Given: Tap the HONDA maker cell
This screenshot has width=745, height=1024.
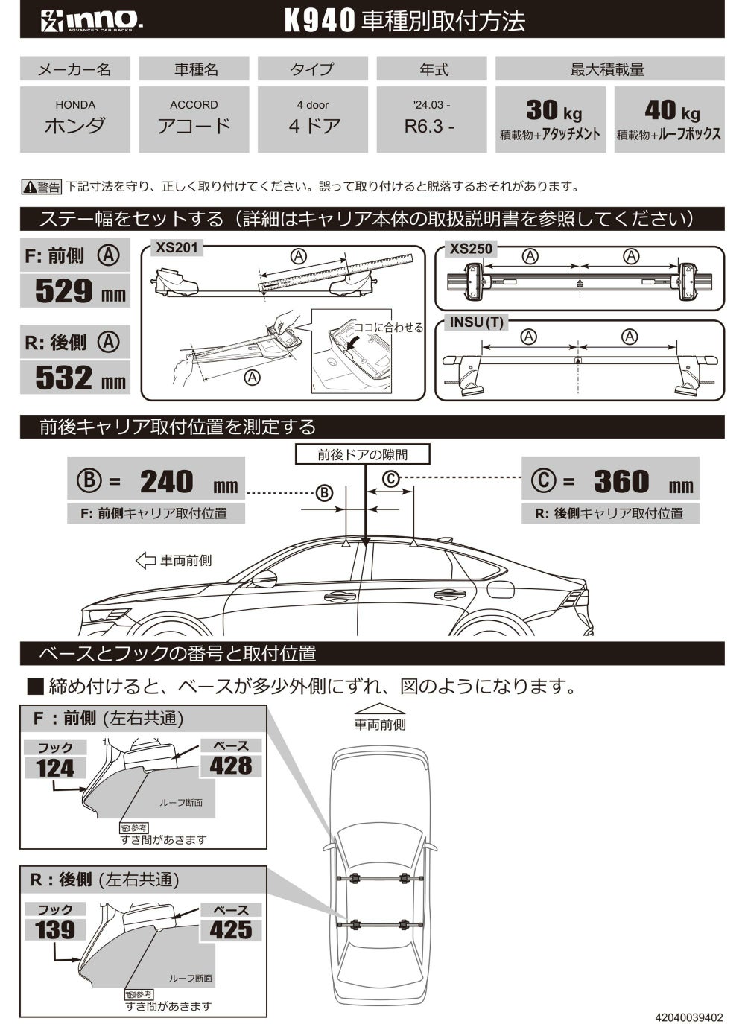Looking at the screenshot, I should (x=75, y=118).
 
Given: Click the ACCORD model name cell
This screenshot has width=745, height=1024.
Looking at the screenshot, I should (x=194, y=118).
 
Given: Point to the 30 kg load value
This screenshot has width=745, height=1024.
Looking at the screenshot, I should (x=552, y=111).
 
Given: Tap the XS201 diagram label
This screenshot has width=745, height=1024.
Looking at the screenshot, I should (x=177, y=247).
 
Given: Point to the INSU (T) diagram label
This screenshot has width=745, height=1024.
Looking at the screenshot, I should (x=477, y=322).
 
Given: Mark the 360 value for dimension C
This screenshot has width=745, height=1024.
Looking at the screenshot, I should (x=621, y=482).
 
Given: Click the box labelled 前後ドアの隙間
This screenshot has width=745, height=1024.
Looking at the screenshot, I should (x=363, y=454).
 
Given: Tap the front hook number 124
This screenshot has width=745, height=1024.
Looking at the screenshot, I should (x=56, y=768).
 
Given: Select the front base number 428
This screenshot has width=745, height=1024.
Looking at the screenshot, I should (x=231, y=766).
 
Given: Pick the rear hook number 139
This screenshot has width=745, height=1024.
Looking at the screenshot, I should (x=56, y=930).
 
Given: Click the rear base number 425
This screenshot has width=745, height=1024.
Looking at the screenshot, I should (x=231, y=929).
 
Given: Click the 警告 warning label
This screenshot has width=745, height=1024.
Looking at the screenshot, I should (x=42, y=187).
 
